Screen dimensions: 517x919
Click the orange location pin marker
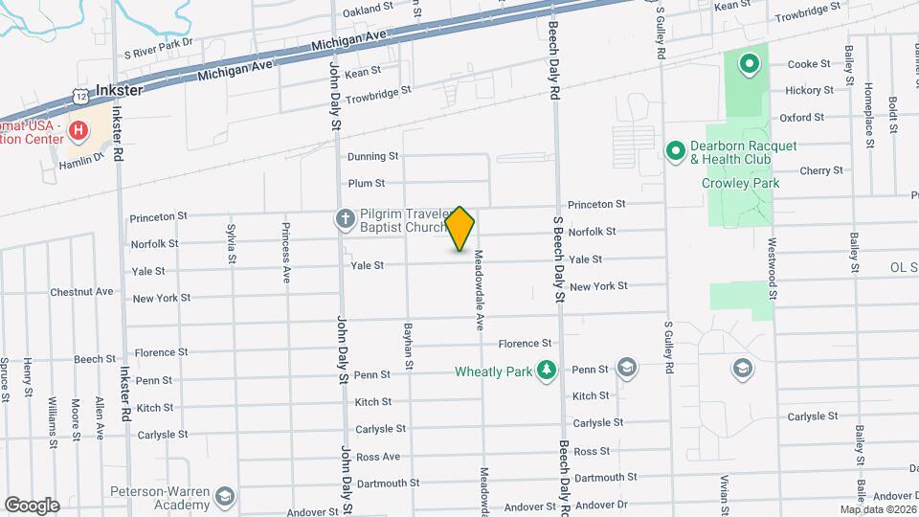pyautogui.click(x=460, y=228)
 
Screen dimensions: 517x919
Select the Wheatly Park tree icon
pyautogui.click(x=546, y=371)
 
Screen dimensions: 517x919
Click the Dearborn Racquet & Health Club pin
pyautogui.click(x=675, y=151)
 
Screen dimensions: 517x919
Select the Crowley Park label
pyautogui.click(x=740, y=183)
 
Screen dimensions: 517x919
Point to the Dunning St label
pyautogui.click(x=372, y=156)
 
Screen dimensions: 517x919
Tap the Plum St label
pyautogui.click(x=367, y=183)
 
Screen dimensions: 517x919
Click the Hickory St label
pyautogui.click(x=809, y=90)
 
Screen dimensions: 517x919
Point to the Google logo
pyautogui.click(x=32, y=505)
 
